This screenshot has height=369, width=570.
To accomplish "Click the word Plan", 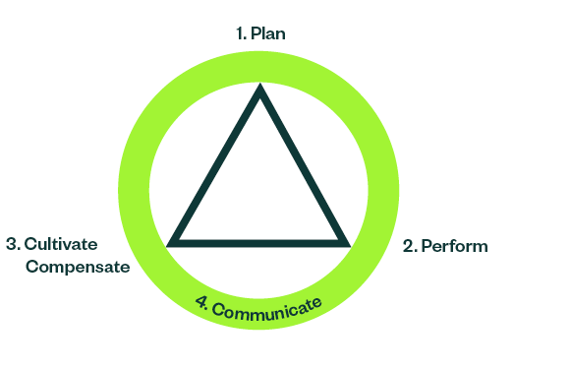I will coord(268,33).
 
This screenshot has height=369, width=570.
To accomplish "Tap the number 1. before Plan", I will coord(241,33).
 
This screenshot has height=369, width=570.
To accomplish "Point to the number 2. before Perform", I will coord(411,246).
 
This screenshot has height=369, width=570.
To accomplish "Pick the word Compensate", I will coord(78,266).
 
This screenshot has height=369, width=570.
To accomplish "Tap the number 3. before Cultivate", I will coord(13,244).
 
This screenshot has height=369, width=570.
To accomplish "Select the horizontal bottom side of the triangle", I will coord(259,240).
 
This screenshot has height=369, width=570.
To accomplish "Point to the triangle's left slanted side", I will coord(216,165).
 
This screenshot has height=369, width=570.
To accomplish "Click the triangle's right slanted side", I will coord(304,165).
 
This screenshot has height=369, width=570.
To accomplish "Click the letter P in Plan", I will coord(256,33).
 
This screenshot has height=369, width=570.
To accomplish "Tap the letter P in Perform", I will coord(427,246).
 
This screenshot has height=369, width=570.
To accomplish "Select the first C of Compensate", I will coord(33,266).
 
